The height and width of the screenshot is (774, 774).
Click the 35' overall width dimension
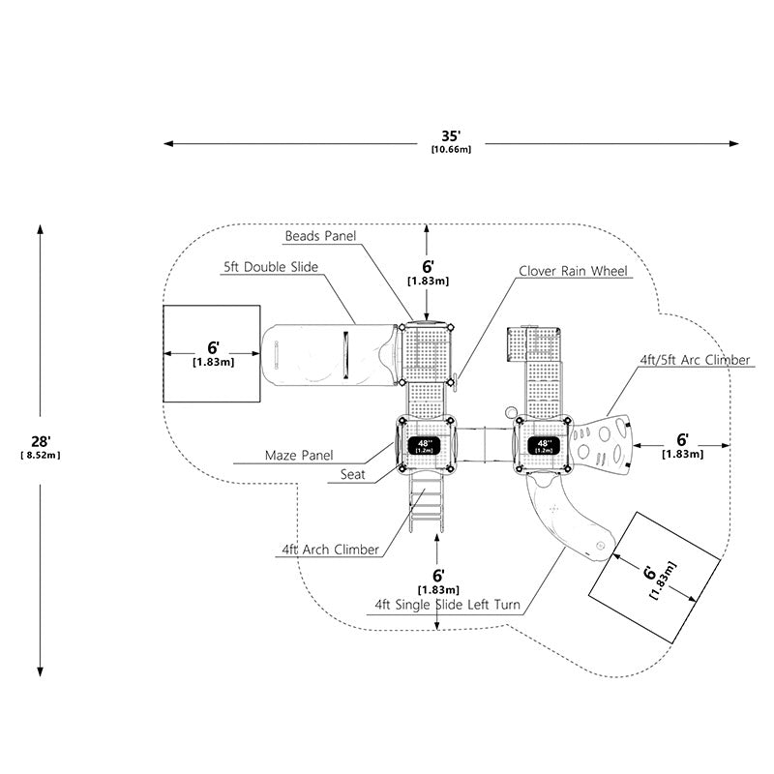coord(451,141)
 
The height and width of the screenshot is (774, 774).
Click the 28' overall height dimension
coord(41,446)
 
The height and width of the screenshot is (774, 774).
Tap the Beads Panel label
coord(320,236)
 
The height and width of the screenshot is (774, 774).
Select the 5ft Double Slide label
coord(271,267)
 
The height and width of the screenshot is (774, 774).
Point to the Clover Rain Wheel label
coord(573,271)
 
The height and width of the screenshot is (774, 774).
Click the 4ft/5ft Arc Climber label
coord(695,360)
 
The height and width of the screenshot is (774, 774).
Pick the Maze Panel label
coord(299,455)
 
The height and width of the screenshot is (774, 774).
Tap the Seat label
coord(352,474)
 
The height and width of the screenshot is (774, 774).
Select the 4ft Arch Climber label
coord(330,550)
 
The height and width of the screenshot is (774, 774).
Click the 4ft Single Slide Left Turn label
coord(447,605)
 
